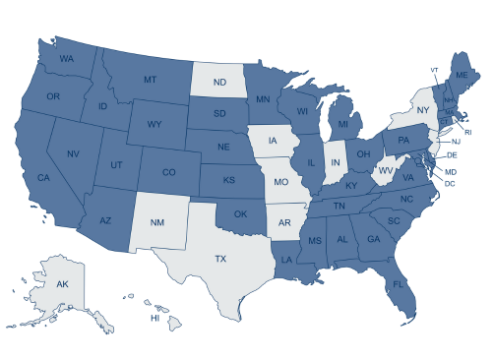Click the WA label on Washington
pyautogui.click(x=67, y=59)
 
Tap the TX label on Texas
pyautogui.click(x=219, y=260)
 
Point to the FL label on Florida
pyautogui.click(x=400, y=284)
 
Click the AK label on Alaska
pyautogui.click(x=61, y=284)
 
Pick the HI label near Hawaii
pyautogui.click(x=154, y=319)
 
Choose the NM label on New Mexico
pyautogui.click(x=156, y=222)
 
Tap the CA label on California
pyautogui.click(x=43, y=178)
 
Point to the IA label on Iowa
pyautogui.click(x=273, y=141)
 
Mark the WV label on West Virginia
pyautogui.click(x=386, y=170)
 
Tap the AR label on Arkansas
pyautogui.click(x=284, y=222)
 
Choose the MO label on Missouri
pyautogui.click(x=281, y=184)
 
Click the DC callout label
pyautogui.click(x=449, y=183)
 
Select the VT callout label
pyautogui.click(x=433, y=70)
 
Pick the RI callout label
pyautogui.click(x=468, y=132)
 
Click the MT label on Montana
pyautogui.click(x=151, y=80)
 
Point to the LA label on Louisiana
pyautogui.click(x=285, y=260)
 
